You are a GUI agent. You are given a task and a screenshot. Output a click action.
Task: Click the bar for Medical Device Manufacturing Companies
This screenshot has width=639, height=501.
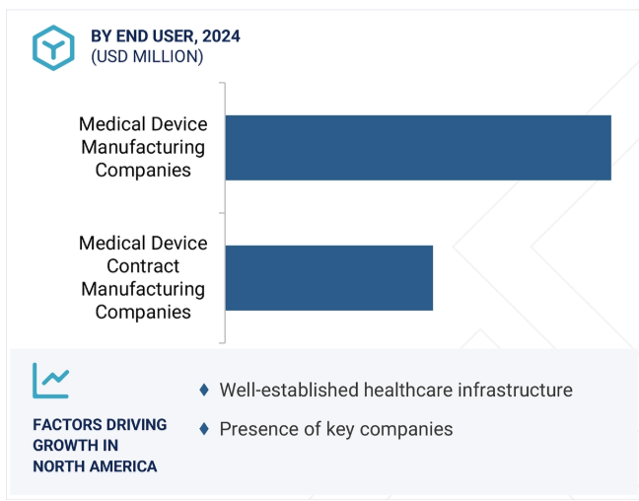tap(418, 148)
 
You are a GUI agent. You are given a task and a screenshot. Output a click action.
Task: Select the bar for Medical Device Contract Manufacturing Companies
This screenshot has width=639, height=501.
tap(329, 278)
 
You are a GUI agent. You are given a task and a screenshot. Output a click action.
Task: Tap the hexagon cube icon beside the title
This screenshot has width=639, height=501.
tap(52, 46)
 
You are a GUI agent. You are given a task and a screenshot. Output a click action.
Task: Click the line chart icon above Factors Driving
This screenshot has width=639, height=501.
tap(50, 381)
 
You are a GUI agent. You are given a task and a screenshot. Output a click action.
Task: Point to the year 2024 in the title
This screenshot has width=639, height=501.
tap(221, 36)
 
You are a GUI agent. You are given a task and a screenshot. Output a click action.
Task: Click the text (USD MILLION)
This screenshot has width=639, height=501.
tap(147, 57)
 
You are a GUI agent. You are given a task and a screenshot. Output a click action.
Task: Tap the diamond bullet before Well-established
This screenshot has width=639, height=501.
tap(204, 391)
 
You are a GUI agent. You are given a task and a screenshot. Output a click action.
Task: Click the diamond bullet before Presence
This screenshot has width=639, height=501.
tap(204, 429)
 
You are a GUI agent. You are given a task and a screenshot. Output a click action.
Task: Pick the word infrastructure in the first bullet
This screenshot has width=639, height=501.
tap(513, 391)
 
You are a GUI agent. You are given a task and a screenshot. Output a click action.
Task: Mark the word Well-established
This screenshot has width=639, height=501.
tap(288, 391)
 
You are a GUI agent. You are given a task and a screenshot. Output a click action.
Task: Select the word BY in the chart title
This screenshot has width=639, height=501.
tap(102, 36)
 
